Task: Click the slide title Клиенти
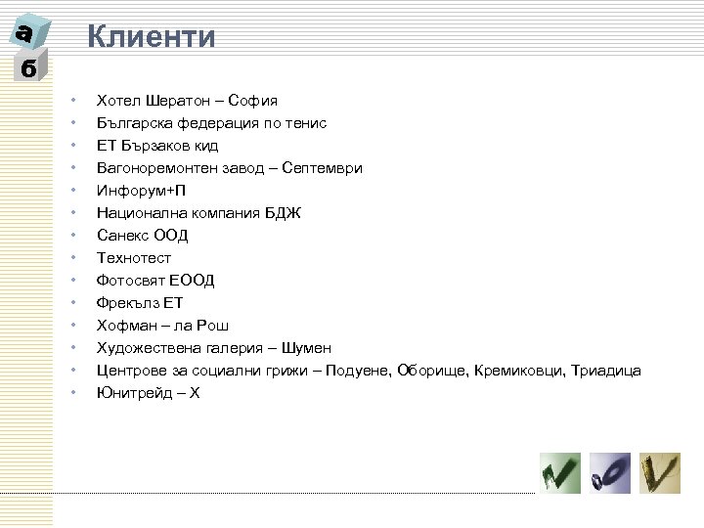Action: pos(151,38)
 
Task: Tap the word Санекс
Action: pos(122,236)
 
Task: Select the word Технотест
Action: pos(133,258)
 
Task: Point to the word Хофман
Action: pos(124,326)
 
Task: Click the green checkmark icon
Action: pos(560,474)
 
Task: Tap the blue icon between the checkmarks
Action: pos(609,474)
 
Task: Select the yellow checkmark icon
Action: pos(660,474)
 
